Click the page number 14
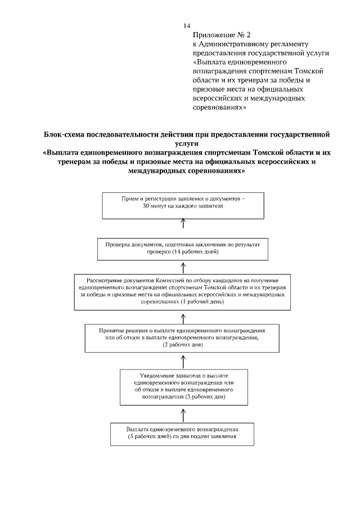[187, 26]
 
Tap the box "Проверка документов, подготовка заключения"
[183, 249]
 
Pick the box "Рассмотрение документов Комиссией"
[183, 291]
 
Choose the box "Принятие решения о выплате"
[183, 337]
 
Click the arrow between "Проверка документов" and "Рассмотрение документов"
[183, 267]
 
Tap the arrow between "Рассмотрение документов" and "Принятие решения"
[183, 316]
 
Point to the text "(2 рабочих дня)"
[183, 345]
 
